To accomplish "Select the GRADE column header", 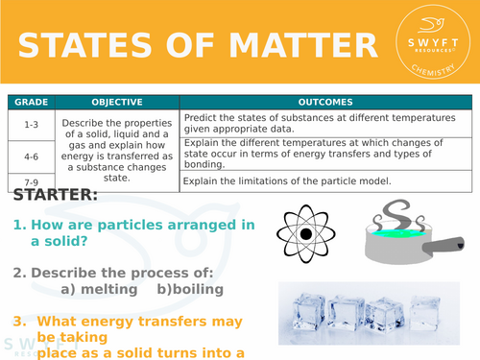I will click(x=30, y=102).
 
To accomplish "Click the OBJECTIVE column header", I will click(x=117, y=102).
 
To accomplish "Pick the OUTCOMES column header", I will click(x=325, y=102).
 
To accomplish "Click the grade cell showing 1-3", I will click(x=30, y=123).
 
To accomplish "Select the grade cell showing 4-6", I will click(x=30, y=153).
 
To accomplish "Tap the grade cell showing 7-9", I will click(x=30, y=180).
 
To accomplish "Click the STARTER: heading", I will click(x=55, y=196).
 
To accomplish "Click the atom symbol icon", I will click(x=305, y=233).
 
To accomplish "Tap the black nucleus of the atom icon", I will click(x=305, y=234).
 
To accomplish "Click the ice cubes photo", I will click(x=375, y=318).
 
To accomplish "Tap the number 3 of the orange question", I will click(x=17, y=322).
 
